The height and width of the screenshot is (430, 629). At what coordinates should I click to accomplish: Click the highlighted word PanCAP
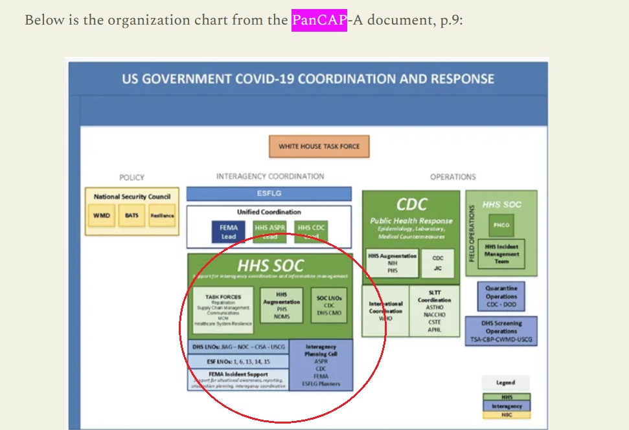[319, 20]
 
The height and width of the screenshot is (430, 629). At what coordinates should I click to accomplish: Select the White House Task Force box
[319, 146]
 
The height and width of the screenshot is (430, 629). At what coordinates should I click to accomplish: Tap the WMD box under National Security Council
[101, 215]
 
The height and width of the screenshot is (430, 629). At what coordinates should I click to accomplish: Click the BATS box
[132, 215]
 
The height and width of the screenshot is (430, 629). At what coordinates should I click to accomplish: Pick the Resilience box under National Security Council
[162, 215]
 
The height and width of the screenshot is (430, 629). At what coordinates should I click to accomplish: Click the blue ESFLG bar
[269, 193]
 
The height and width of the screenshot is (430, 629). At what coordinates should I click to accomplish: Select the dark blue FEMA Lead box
[229, 231]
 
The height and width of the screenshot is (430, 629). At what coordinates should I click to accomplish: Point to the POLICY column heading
[132, 177]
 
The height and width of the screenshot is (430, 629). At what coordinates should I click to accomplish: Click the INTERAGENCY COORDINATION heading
[270, 176]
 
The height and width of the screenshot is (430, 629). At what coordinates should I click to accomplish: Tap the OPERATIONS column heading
[453, 177]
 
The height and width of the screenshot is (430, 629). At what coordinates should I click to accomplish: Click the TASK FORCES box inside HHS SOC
[223, 309]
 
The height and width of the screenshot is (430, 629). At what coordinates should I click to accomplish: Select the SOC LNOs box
[329, 305]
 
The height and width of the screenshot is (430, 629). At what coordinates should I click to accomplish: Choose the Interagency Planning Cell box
[321, 365]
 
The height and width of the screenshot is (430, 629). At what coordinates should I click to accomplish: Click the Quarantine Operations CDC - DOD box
[501, 297]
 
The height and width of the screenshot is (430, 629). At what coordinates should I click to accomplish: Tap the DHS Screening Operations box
[501, 331]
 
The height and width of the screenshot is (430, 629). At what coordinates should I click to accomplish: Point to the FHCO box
[501, 226]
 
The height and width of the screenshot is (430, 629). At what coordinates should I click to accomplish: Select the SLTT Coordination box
[434, 310]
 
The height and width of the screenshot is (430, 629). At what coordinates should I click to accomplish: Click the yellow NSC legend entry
[506, 415]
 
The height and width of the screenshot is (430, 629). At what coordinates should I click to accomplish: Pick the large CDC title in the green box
[411, 204]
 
